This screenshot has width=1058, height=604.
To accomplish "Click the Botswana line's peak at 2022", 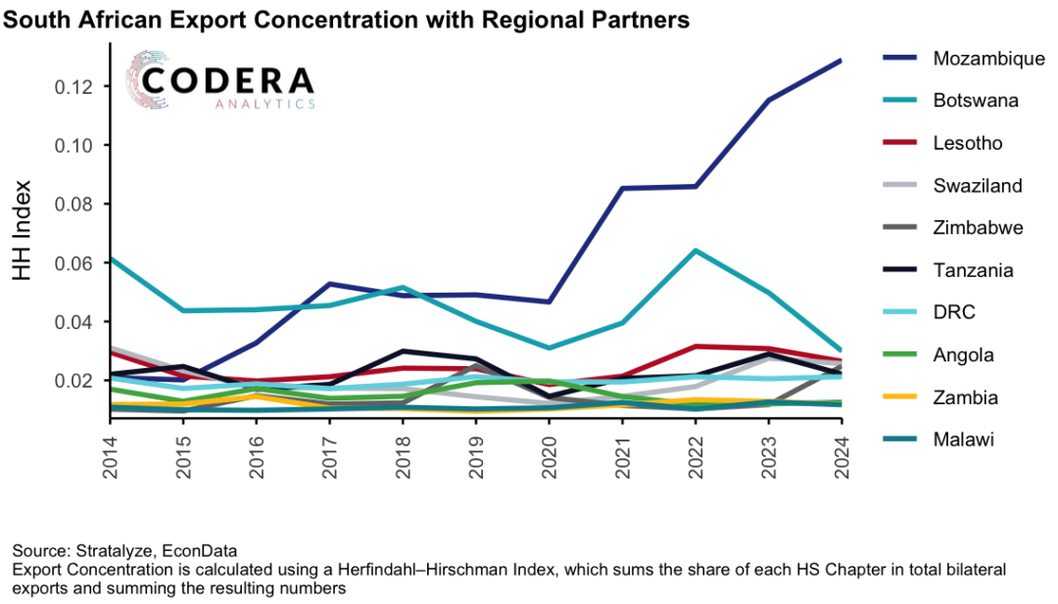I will (x=695, y=251).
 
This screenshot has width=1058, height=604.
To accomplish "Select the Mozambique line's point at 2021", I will (x=622, y=188).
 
